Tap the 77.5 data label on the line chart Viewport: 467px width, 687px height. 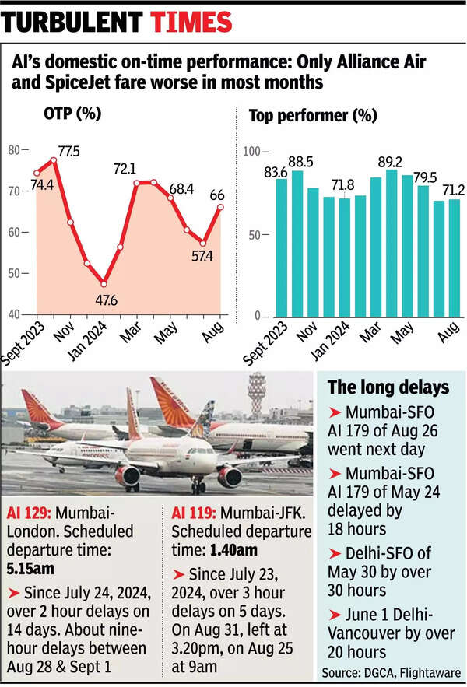pos(68,151)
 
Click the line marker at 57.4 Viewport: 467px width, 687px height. pos(203,243)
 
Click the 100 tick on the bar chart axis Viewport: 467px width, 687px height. pos(249,151)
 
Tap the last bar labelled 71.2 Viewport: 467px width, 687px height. pos(455,258)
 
